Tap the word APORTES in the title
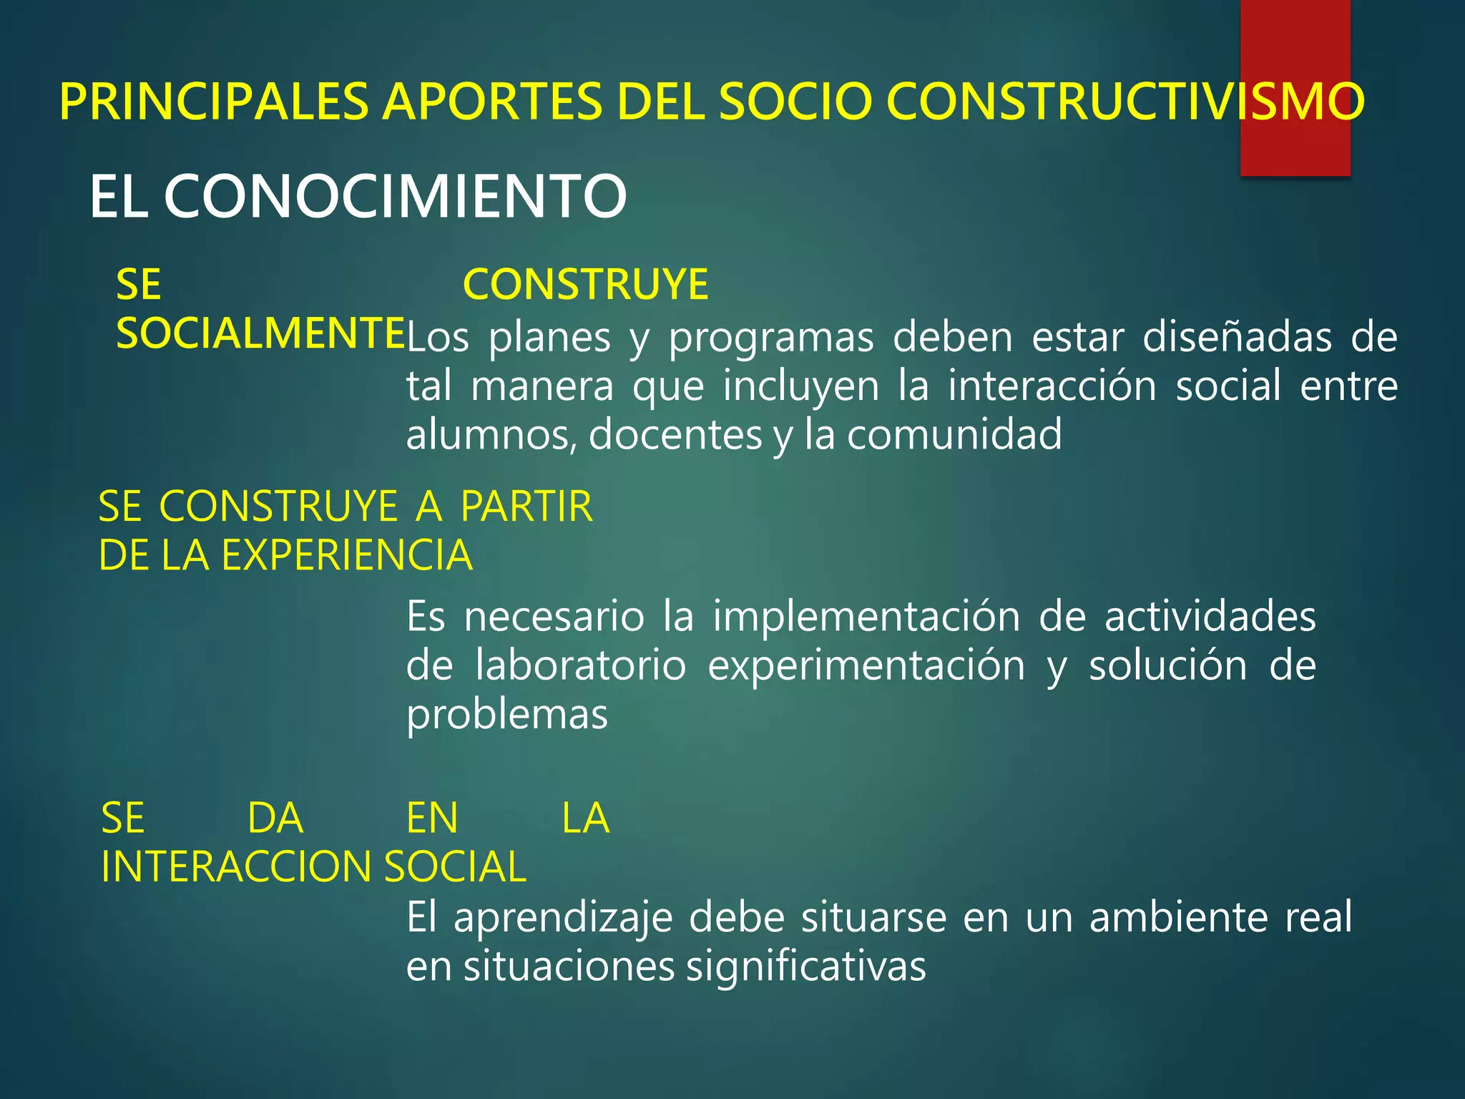[x=492, y=102]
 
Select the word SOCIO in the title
[x=795, y=102]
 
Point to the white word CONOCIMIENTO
[x=395, y=197]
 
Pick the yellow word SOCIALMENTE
[x=260, y=334]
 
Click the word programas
[x=771, y=338]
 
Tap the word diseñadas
[x=1237, y=337]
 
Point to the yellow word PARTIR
[x=526, y=507]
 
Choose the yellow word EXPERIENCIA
[x=347, y=555]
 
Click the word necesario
[x=554, y=617]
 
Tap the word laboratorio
[x=581, y=665]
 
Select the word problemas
[x=506, y=715]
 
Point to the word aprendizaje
[x=563, y=919]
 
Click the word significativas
[x=805, y=967]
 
